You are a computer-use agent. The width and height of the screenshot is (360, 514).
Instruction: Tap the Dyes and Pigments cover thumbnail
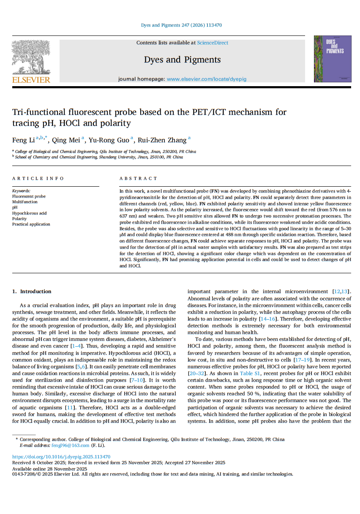coord(332,59)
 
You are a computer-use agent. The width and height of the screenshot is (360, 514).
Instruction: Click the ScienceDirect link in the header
coord(213,43)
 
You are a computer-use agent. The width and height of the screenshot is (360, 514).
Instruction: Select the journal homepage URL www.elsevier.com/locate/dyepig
coord(206,79)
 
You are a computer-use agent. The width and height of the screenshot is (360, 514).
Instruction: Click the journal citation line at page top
coord(181,25)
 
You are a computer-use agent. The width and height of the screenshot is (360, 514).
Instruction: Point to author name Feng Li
coord(23,140)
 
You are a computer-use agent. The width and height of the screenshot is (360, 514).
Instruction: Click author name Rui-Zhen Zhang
coord(162,140)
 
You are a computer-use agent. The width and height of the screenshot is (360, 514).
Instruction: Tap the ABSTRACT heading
coord(138,179)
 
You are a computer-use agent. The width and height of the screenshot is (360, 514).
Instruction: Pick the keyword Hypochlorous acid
coord(29,213)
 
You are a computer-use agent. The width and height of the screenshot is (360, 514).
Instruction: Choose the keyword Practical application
coord(31,224)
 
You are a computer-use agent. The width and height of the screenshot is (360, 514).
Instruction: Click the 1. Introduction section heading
coord(32,291)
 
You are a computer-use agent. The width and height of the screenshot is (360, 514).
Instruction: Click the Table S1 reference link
coord(249,373)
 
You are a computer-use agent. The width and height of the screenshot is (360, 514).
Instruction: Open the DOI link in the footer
coord(61,457)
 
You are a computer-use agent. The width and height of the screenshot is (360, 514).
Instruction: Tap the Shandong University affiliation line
coord(99,157)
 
